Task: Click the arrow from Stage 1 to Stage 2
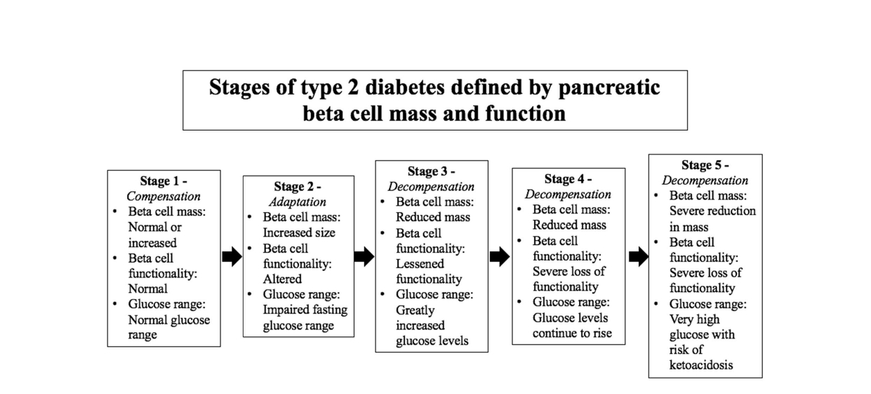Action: tap(232, 257)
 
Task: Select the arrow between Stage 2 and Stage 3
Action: tap(364, 256)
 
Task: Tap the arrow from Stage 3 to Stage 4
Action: tap(499, 257)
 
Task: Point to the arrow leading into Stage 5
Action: tap(638, 256)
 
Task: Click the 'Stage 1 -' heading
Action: tap(164, 182)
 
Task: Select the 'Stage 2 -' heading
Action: tap(298, 187)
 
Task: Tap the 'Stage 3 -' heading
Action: tap(431, 171)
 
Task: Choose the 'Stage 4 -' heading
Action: tap(568, 179)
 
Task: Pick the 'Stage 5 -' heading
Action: tap(705, 165)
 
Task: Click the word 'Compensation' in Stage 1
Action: tap(164, 197)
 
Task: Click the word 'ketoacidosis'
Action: tap(700, 365)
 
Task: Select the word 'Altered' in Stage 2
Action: tap(282, 279)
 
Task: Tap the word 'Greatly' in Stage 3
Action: tap(415, 310)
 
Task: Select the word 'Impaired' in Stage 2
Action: tap(286, 310)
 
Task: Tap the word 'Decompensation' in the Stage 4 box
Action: tap(568, 195)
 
